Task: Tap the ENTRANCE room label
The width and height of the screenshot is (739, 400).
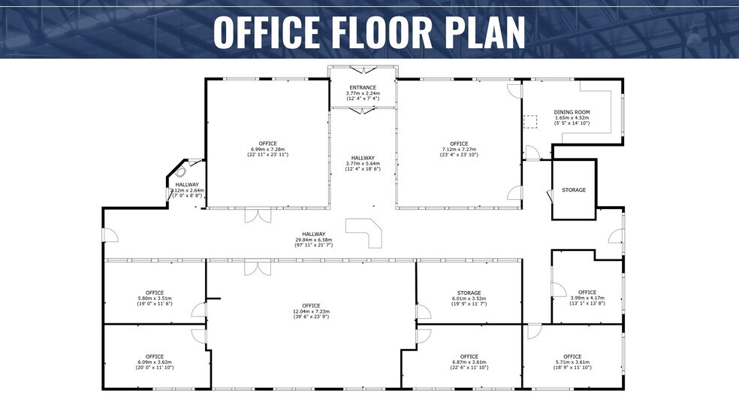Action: pyautogui.click(x=363, y=87)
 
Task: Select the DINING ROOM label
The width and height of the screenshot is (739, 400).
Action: pyautogui.click(x=572, y=112)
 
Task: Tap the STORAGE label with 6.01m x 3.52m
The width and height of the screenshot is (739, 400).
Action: pyautogui.click(x=469, y=293)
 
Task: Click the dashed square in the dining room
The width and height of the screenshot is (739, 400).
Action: pyautogui.click(x=531, y=121)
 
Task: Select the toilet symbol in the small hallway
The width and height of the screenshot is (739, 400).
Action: pyautogui.click(x=180, y=171)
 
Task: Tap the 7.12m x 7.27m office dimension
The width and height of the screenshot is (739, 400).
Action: pyautogui.click(x=459, y=150)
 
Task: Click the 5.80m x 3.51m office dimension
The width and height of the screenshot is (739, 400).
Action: pyautogui.click(x=155, y=298)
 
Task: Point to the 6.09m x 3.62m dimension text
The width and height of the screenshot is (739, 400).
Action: pyautogui.click(x=155, y=362)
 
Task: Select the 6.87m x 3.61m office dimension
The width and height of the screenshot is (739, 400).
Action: pyautogui.click(x=469, y=362)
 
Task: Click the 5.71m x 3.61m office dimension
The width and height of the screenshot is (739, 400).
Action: pyautogui.click(x=572, y=362)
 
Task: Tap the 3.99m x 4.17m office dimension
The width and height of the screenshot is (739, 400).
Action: pyautogui.click(x=587, y=298)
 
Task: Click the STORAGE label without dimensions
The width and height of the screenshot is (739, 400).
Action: pyautogui.click(x=574, y=190)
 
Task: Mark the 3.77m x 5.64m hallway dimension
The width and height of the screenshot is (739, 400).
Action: pyautogui.click(x=363, y=163)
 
